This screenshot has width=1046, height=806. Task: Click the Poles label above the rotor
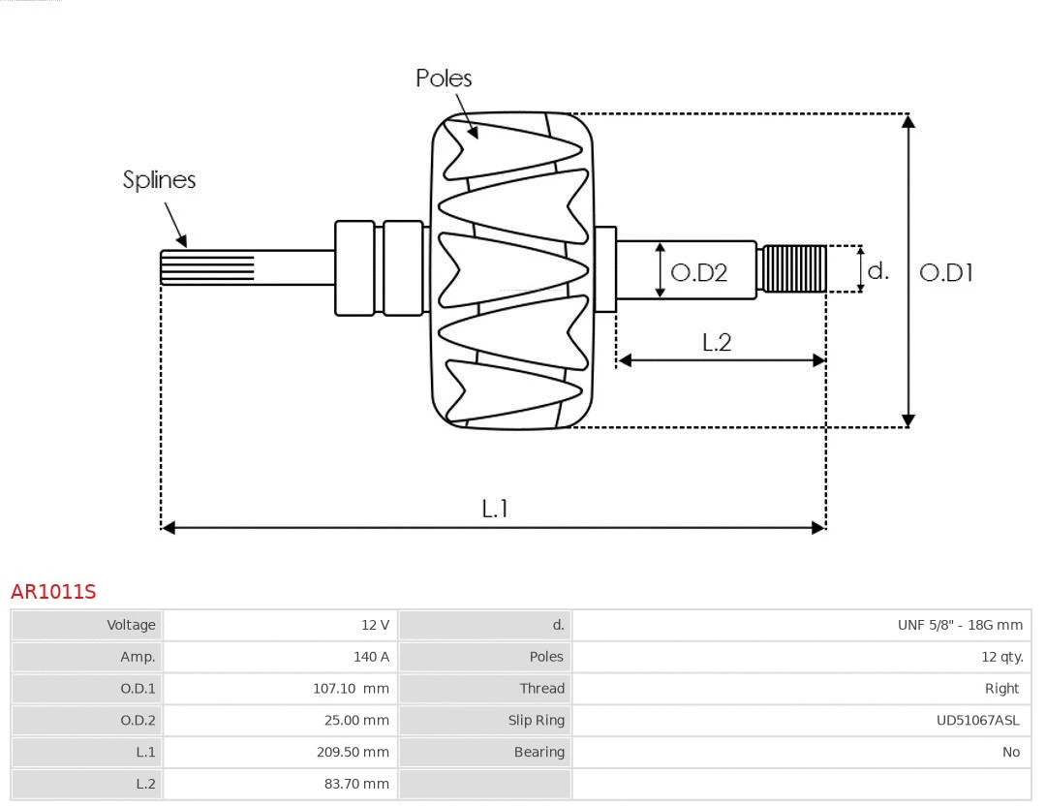click(444, 78)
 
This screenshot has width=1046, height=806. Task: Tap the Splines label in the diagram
click(159, 180)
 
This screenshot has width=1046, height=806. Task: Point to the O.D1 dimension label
click(945, 273)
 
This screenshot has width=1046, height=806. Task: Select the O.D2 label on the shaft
click(698, 273)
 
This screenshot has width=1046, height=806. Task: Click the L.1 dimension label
click(495, 509)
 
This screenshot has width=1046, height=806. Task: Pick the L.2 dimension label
click(716, 342)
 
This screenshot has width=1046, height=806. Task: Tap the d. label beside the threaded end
click(877, 271)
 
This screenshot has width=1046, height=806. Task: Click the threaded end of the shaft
click(794, 268)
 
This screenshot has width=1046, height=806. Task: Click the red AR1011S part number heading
click(53, 591)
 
